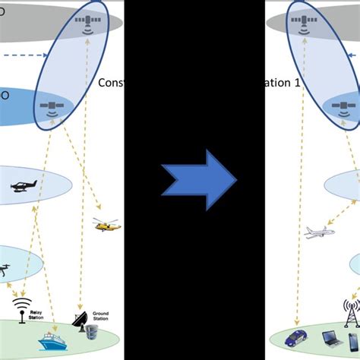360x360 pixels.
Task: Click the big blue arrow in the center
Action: [199, 181]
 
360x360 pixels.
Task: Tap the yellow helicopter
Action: [106, 225]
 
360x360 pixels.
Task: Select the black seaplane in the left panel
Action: [22, 186]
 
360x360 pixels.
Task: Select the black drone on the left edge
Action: [6, 268]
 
